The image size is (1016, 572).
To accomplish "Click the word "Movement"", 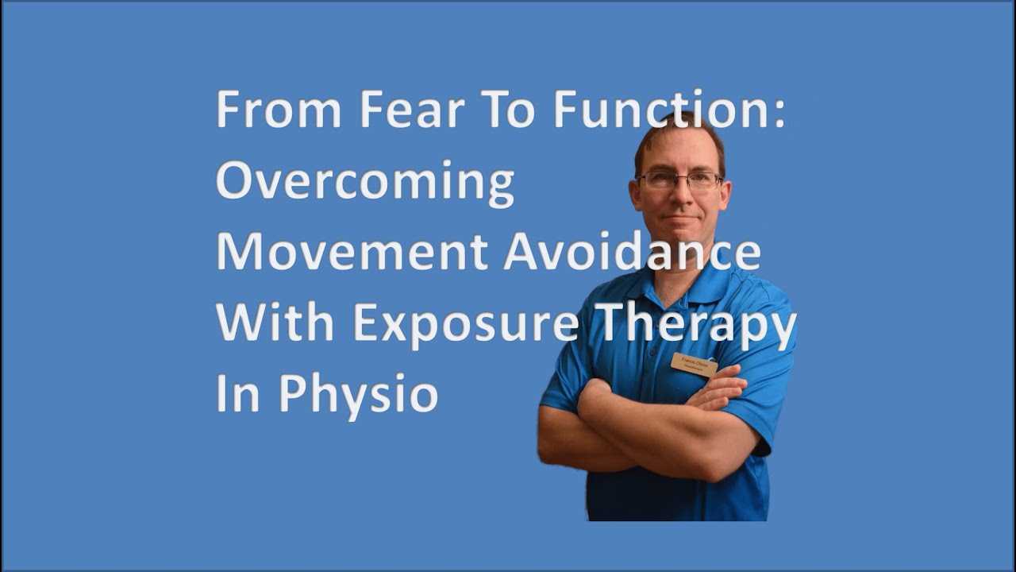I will click(x=351, y=253).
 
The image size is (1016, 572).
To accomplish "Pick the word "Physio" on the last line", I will click(x=356, y=396).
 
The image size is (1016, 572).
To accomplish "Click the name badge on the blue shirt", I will click(x=694, y=364).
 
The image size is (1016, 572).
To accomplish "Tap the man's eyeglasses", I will click(x=679, y=180).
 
